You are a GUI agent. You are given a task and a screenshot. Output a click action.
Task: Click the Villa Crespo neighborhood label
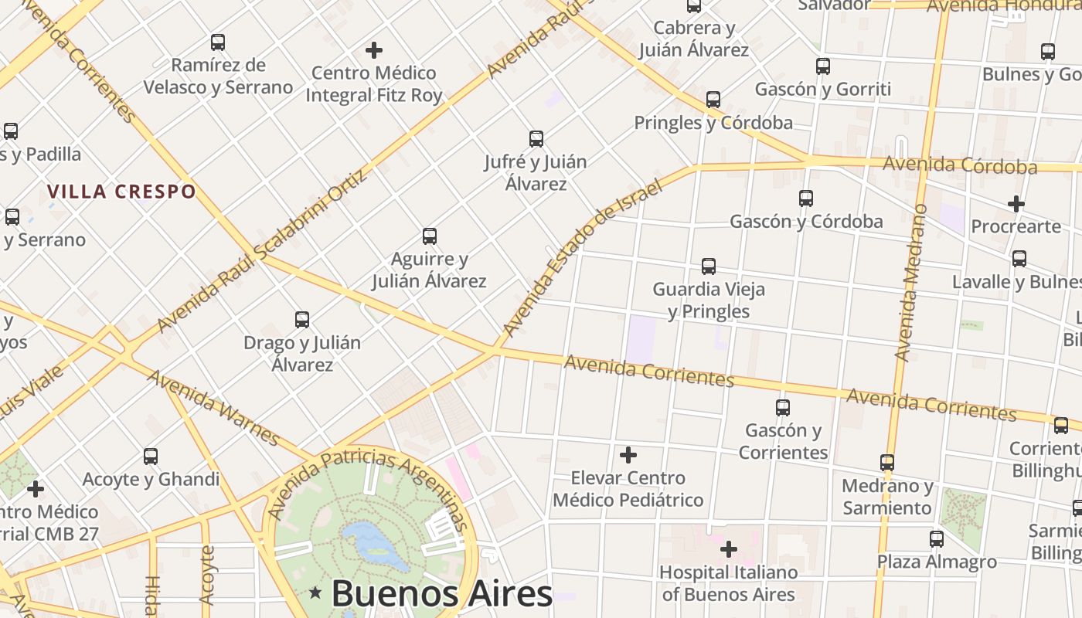point(121,192)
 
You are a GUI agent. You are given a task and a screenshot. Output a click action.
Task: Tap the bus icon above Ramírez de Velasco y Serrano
point(218,42)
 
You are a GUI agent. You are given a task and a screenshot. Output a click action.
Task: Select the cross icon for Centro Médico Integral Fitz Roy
point(374,50)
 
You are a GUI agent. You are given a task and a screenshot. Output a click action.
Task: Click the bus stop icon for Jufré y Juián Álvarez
point(536,139)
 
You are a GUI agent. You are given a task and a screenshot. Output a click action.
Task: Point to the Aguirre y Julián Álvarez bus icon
point(430,236)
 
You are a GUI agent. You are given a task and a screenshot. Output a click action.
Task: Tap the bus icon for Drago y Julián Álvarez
point(302,319)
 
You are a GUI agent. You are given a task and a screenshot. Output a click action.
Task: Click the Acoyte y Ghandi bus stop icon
point(151,457)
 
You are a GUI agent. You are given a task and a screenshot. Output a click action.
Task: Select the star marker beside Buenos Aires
point(315,593)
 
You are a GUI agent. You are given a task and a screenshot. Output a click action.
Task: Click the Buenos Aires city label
point(441,593)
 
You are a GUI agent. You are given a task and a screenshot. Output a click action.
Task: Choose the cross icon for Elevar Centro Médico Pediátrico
point(628,455)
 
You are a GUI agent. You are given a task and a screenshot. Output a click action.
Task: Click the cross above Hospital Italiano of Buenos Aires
point(728,549)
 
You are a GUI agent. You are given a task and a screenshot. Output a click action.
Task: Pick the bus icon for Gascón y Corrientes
point(783,407)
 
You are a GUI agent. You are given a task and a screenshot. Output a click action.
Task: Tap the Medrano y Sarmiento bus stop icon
point(887,463)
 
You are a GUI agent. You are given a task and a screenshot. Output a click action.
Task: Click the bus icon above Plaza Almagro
point(937,538)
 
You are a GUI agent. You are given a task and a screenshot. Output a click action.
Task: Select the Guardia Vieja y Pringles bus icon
point(709,267)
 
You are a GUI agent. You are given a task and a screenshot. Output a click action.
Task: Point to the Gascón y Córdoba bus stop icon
point(806,199)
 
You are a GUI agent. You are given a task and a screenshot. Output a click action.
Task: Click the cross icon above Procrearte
point(1016,204)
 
